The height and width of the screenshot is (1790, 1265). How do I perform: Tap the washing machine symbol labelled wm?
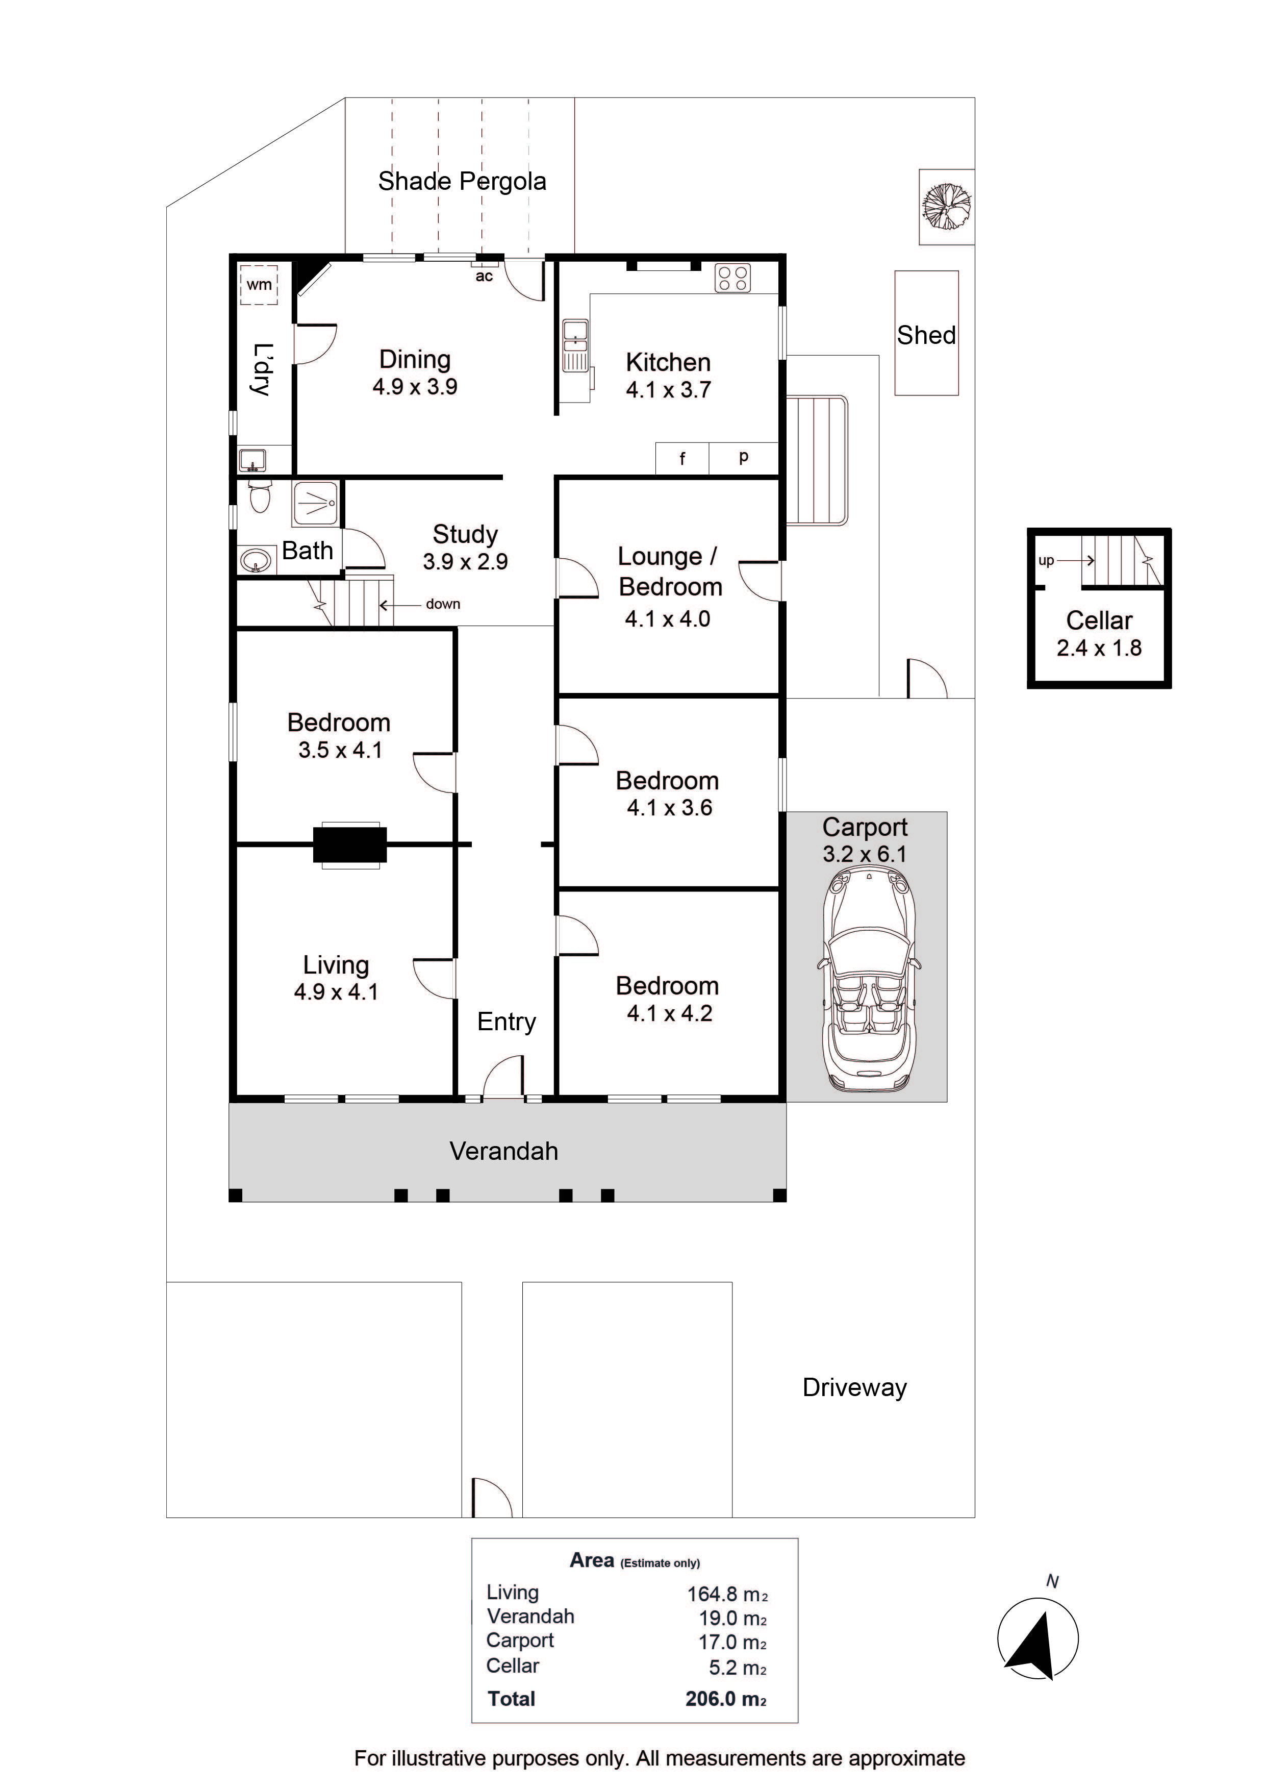[259, 285]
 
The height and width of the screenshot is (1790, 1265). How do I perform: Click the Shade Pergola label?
[462, 181]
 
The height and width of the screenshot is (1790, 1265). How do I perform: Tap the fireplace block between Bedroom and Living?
[350, 844]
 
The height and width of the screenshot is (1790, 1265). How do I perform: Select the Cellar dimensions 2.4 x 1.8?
[1099, 648]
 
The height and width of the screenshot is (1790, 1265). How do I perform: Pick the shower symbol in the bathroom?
[316, 503]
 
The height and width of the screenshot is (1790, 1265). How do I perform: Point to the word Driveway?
[855, 1388]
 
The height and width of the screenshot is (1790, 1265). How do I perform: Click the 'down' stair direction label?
[443, 604]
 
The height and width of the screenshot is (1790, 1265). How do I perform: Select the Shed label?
[926, 335]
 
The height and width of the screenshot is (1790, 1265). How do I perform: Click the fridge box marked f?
[682, 458]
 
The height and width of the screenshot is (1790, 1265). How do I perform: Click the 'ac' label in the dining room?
[484, 277]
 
